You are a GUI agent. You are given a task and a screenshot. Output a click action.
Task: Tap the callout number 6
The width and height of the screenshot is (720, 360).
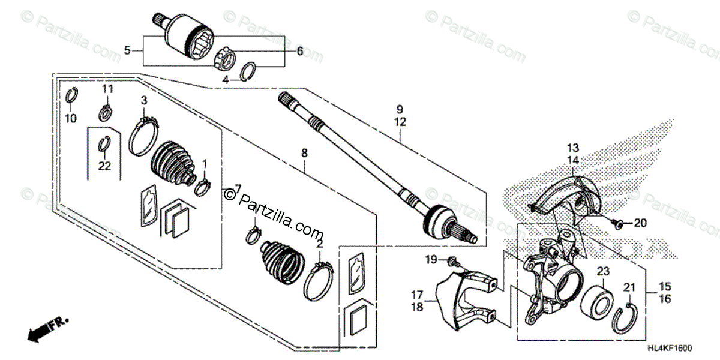point(299,52)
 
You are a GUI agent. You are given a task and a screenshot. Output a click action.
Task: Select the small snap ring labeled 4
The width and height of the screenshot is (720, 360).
point(248,72)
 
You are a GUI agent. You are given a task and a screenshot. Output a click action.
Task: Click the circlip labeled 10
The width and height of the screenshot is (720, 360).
point(71,95)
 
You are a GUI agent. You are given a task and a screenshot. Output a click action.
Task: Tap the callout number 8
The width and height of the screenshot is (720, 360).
point(304,154)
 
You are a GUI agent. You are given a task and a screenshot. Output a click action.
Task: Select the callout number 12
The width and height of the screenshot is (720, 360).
point(400,122)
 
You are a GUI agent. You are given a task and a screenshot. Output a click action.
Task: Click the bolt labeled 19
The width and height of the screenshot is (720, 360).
point(452,260)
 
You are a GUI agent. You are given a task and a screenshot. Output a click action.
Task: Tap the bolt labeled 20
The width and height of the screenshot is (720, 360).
point(616,223)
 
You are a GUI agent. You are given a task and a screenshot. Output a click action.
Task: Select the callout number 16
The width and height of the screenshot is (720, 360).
point(664,298)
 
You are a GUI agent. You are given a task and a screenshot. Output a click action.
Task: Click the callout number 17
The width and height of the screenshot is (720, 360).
point(415,295)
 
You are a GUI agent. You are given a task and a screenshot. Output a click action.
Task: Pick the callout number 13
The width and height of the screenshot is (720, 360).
point(572,148)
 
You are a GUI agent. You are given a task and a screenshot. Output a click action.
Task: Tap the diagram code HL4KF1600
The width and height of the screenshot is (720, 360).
point(686,347)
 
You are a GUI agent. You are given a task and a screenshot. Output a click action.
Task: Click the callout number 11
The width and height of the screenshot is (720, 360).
point(107,89)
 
